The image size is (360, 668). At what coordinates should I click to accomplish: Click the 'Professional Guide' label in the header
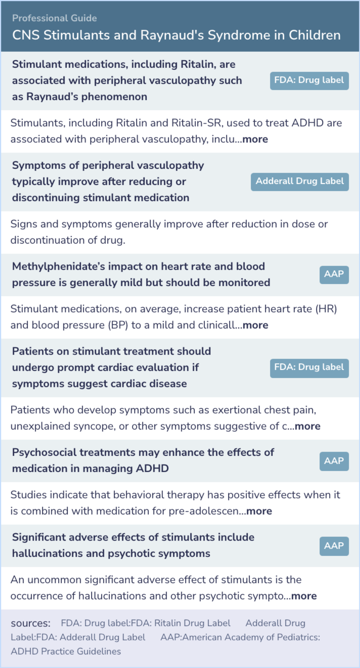pos(54,18)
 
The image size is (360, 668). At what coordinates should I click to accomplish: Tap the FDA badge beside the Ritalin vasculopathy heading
pos(309,81)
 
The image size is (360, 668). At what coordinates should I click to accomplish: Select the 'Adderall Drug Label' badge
pos(300,182)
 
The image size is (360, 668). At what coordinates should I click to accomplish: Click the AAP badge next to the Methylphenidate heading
pos(334,275)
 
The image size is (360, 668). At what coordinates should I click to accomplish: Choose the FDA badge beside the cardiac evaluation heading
pos(309,368)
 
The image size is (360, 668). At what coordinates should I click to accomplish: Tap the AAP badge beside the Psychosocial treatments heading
pos(334,461)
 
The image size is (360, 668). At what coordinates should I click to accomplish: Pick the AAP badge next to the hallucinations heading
pos(334,546)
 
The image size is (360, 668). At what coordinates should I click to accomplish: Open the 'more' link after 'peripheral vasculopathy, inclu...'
pos(255,139)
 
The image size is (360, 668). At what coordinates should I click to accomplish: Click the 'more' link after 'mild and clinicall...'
pos(255,325)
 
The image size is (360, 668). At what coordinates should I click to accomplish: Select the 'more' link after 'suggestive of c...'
pos(307,426)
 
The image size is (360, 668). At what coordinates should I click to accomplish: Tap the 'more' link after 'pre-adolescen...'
pos(259,511)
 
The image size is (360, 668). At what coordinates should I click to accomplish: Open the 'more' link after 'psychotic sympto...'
pos(304,596)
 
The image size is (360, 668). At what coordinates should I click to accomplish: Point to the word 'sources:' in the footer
pos(31,623)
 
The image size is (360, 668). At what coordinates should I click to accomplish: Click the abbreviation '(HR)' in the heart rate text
pos(326,309)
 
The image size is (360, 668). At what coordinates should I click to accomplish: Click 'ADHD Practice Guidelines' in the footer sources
pos(66,651)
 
